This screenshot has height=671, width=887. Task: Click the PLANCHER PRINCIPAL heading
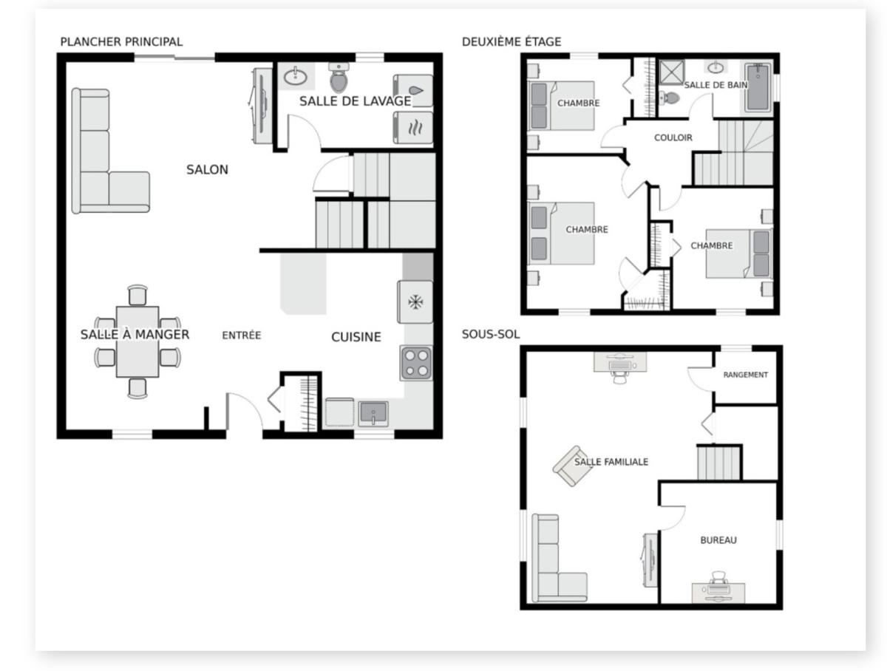coord(121,41)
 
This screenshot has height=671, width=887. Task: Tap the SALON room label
coord(207,170)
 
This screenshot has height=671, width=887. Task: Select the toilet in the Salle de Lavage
coord(339,78)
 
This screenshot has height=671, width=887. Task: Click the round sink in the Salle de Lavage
coord(297,75)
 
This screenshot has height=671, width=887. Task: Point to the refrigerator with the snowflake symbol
coord(415,302)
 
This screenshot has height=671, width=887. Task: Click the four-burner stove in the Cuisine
coord(416,363)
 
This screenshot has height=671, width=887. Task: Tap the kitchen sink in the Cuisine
coord(373,412)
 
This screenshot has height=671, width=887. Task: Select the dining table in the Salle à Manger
coord(137,341)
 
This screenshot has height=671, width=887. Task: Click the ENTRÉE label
coord(242,335)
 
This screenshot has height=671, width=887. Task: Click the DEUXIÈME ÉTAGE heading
coord(512,41)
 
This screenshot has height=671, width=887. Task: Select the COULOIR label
coord(673,137)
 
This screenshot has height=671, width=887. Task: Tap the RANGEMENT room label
coord(745,375)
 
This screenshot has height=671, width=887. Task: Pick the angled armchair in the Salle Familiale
coord(571,466)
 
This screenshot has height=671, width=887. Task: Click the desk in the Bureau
coord(718,593)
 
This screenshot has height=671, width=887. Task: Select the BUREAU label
coord(718,540)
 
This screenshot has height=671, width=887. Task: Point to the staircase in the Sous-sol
coord(718,463)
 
